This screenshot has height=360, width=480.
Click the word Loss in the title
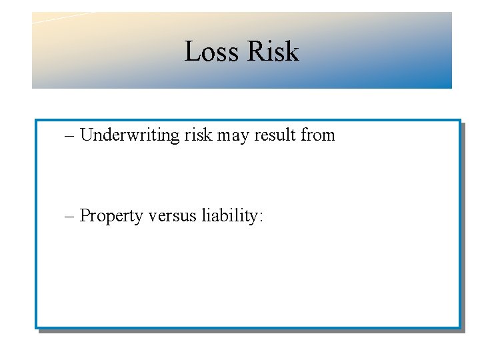[208, 51]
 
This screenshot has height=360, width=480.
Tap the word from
[318, 135]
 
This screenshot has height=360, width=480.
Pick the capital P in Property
[85, 216]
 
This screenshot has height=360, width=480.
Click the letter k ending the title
[291, 51]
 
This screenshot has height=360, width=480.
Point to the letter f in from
[304, 135]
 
